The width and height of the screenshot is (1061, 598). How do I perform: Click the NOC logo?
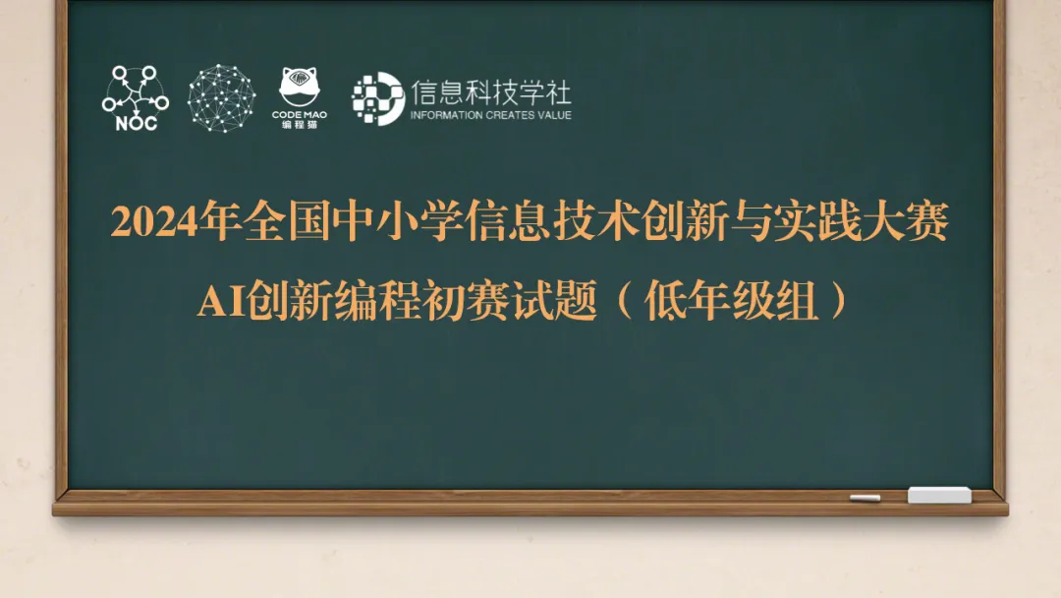pyautogui.click(x=135, y=97)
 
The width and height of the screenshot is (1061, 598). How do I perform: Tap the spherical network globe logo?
pyautogui.click(x=221, y=97)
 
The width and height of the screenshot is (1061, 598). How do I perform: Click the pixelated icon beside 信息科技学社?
pyautogui.click(x=377, y=97)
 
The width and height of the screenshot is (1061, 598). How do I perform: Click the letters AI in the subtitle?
pyautogui.click(x=222, y=302)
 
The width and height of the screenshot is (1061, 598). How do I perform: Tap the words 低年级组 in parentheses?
pyautogui.click(x=731, y=302)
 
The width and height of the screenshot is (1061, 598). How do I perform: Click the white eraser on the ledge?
pyautogui.click(x=938, y=495)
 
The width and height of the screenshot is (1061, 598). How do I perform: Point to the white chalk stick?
pyautogui.click(x=865, y=498)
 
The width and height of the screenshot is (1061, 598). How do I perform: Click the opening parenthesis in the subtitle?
pyautogui.click(x=625, y=302)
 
